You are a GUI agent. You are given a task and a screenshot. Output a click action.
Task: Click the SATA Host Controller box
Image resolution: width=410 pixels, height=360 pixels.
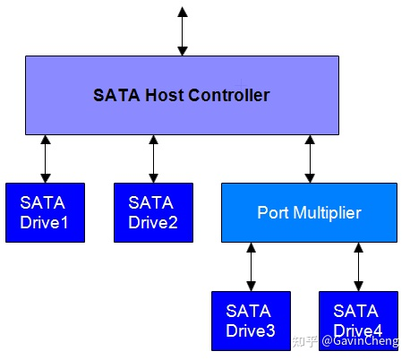point(182,95)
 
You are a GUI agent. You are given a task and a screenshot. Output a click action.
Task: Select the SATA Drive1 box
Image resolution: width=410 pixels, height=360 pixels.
point(45,212)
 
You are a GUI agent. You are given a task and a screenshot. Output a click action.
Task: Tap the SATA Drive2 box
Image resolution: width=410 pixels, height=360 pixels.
point(153,212)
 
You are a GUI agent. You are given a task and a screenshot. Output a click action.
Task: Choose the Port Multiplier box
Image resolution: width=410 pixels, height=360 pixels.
point(309,212)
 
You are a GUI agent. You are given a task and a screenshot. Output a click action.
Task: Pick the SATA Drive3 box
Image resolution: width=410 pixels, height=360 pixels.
point(250,321)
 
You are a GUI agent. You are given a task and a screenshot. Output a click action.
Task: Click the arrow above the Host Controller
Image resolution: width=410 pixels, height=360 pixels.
point(183,32)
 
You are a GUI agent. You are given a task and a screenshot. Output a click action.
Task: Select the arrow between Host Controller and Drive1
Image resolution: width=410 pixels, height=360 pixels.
point(46,159)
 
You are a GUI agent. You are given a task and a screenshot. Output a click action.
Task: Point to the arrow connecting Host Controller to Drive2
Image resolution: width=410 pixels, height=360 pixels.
point(153,159)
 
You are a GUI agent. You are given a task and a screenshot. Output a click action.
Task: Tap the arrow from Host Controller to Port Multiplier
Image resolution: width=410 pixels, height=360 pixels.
point(309,159)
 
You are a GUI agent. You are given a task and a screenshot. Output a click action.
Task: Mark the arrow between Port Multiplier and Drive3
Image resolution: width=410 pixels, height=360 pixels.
point(250,267)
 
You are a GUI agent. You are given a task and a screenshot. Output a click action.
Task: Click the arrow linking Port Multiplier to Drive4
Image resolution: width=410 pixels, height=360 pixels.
point(357,267)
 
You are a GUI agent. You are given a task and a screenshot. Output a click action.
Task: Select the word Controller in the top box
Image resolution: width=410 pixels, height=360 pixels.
point(226,95)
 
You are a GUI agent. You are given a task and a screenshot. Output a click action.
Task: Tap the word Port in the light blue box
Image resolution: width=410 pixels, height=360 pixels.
point(272,213)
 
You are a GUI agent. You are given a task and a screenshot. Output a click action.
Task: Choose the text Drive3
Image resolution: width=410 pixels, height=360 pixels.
point(250,330)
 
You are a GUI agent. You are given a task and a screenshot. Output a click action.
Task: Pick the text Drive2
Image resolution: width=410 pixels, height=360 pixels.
point(153,221)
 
